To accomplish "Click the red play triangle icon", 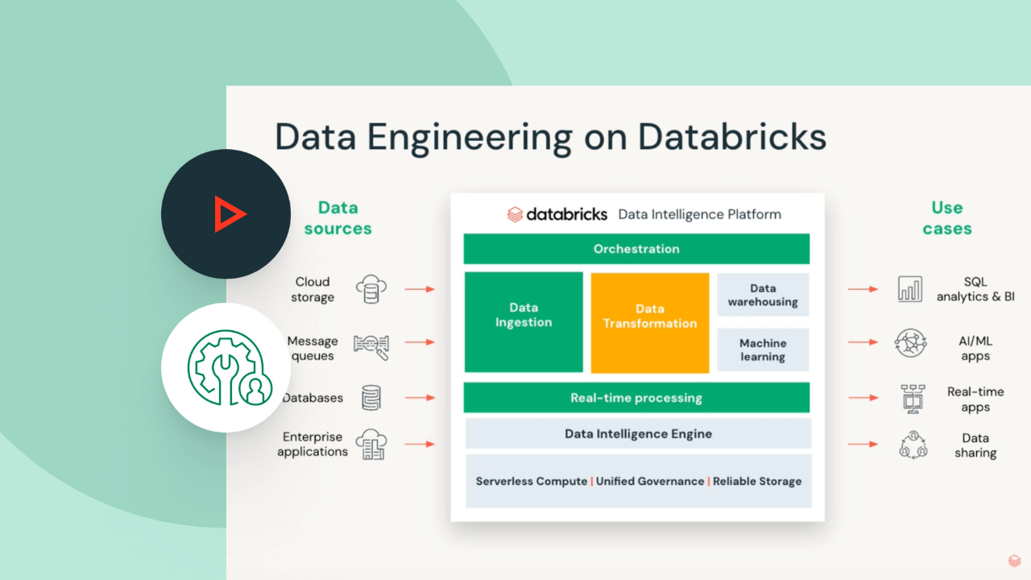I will pyautogui.click(x=229, y=214).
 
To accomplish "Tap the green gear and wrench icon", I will pyautogui.click(x=227, y=368).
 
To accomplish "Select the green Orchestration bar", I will pyautogui.click(x=636, y=249).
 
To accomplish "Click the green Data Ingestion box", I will pyautogui.click(x=524, y=322).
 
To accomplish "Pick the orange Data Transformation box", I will pyautogui.click(x=650, y=322).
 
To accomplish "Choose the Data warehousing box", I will pyautogui.click(x=763, y=295).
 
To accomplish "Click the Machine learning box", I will pyautogui.click(x=763, y=350).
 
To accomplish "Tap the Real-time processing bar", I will pyautogui.click(x=636, y=398).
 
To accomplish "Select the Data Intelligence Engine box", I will pyautogui.click(x=638, y=433).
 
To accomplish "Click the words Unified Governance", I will pyautogui.click(x=649, y=481).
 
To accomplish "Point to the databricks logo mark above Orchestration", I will pyautogui.click(x=515, y=214).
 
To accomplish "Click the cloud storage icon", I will pyautogui.click(x=371, y=288).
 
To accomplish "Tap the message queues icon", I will pyautogui.click(x=371, y=345).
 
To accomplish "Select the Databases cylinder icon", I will pyautogui.click(x=371, y=397).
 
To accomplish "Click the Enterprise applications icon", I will pyautogui.click(x=371, y=444).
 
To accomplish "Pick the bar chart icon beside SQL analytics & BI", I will pyautogui.click(x=910, y=288).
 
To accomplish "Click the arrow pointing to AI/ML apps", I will pyautogui.click(x=863, y=342).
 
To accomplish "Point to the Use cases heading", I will pyautogui.click(x=947, y=217).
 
